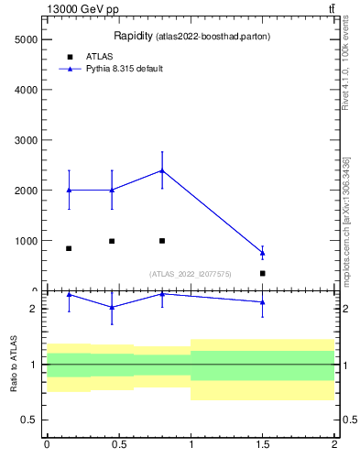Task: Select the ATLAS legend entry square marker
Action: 69,57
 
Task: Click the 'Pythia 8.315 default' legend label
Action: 124,69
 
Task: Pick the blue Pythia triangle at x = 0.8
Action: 162,170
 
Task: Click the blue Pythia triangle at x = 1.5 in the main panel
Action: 263,253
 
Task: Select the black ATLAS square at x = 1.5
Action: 263,273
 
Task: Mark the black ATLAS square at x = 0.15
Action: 69,248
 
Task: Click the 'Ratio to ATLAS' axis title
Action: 14,365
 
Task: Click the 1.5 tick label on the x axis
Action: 263,443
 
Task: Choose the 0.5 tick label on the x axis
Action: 119,443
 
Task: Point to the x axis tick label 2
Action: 334,443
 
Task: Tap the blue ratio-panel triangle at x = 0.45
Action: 112,307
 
